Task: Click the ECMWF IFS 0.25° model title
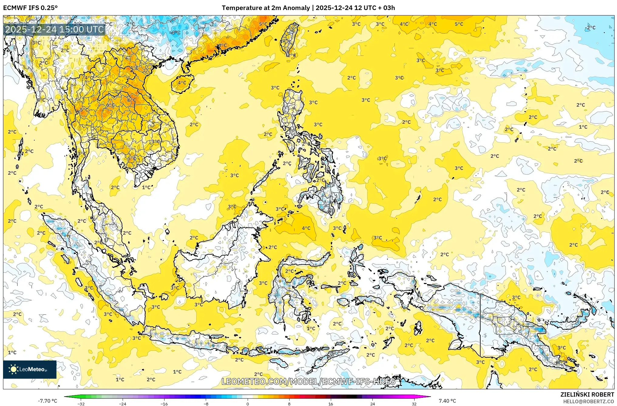30,8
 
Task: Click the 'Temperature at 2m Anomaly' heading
266,8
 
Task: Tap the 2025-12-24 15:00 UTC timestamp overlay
54,29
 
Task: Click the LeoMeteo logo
30,369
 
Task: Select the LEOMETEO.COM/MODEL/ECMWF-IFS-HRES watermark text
308,381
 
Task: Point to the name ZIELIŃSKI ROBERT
587,394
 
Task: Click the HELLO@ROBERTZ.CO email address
588,401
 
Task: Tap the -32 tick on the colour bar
81,404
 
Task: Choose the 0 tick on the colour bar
248,404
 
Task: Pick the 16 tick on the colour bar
331,404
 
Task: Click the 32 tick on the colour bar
414,404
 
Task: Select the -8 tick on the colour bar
206,404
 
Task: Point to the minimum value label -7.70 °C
47,401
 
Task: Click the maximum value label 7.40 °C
447,401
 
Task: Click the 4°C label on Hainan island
182,83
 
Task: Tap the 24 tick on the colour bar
372,404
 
